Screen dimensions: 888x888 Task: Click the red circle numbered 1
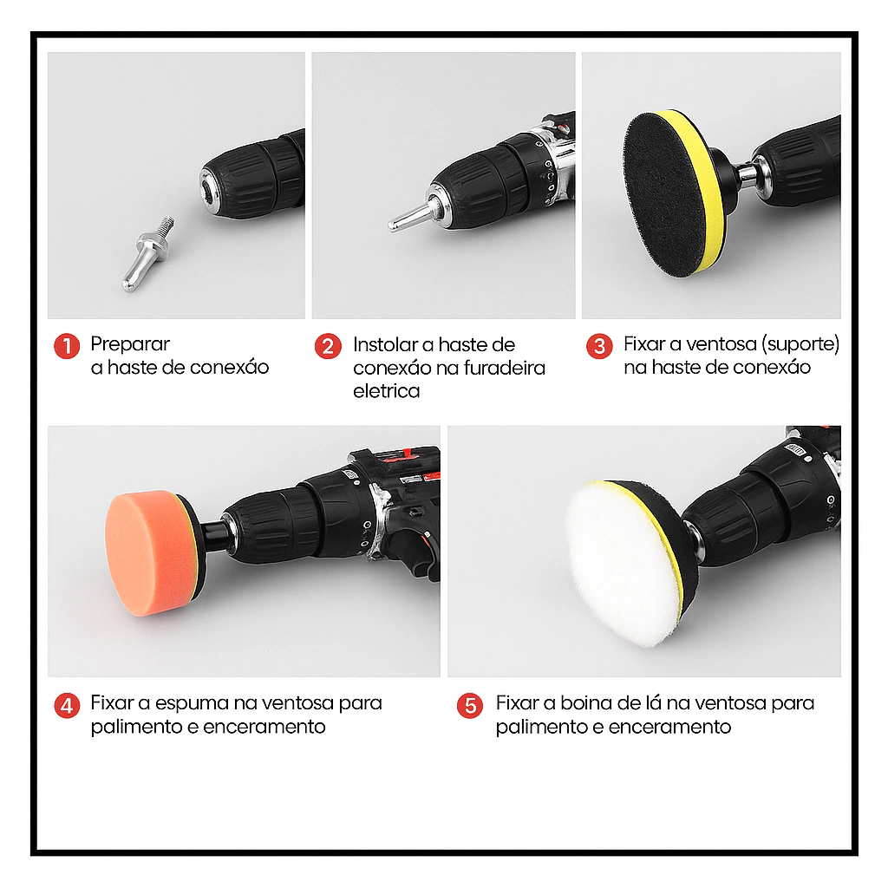pyautogui.click(x=67, y=346)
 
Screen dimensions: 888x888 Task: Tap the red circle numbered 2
pyautogui.click(x=328, y=346)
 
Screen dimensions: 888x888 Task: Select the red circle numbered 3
pyautogui.click(x=599, y=346)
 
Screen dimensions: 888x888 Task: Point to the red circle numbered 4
pyautogui.click(x=67, y=706)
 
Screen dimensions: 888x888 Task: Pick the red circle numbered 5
pyautogui.click(x=470, y=706)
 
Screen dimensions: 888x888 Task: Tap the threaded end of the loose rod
pyautogui.click(x=167, y=225)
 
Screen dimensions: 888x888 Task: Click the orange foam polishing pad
pyautogui.click(x=149, y=552)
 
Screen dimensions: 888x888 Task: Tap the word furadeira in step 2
pyautogui.click(x=504, y=368)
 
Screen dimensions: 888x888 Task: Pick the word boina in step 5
pyautogui.click(x=586, y=702)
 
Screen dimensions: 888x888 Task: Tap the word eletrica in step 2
pyautogui.click(x=386, y=391)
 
